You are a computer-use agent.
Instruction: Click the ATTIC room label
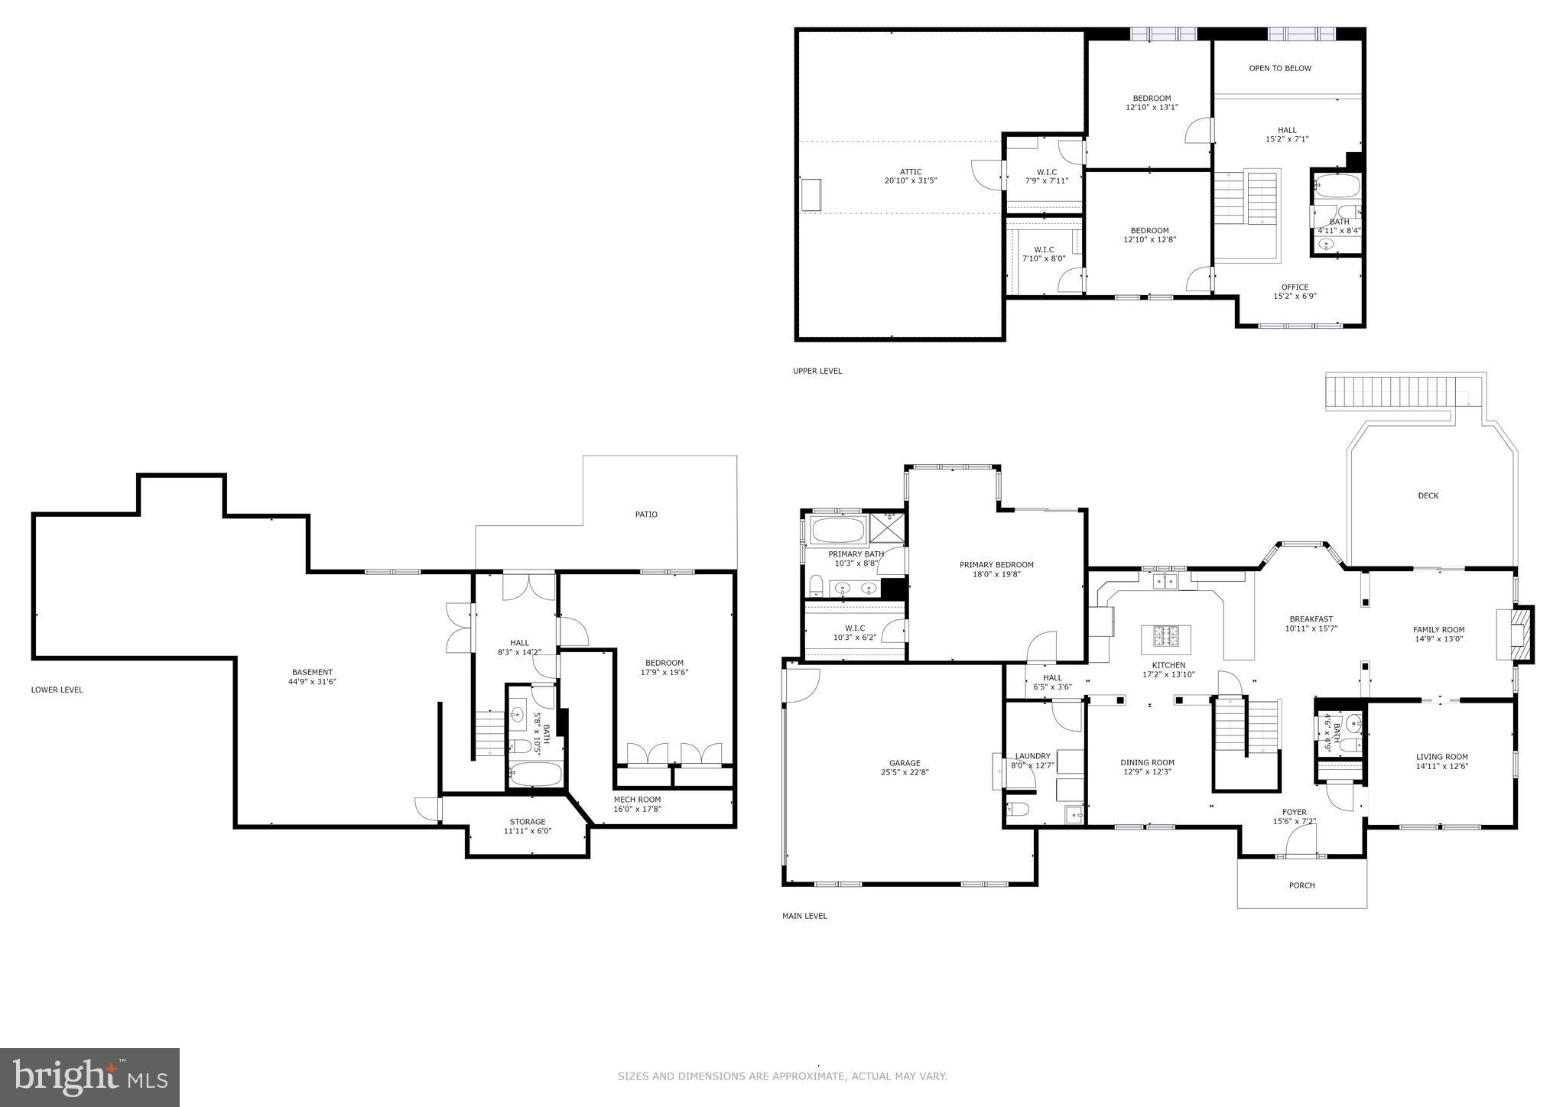(x=910, y=172)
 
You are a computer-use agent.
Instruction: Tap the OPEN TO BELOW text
(x=1280, y=69)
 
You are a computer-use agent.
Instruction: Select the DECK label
(x=1428, y=496)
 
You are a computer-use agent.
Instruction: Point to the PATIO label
(x=646, y=515)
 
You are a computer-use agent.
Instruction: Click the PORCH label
(x=1302, y=885)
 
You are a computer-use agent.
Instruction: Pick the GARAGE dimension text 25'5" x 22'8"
(x=905, y=772)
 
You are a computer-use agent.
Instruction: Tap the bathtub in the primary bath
(x=837, y=530)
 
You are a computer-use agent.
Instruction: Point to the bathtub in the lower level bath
(x=535, y=774)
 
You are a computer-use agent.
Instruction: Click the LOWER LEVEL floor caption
(x=57, y=690)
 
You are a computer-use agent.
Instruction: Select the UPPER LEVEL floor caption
(x=817, y=372)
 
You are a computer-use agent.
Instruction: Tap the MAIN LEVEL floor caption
(x=804, y=916)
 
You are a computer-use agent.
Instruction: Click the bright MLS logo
(x=90, y=1077)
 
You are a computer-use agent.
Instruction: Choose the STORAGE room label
(x=528, y=822)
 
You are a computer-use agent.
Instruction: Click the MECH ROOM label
(x=637, y=800)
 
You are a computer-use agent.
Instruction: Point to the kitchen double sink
(x=1165, y=583)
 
